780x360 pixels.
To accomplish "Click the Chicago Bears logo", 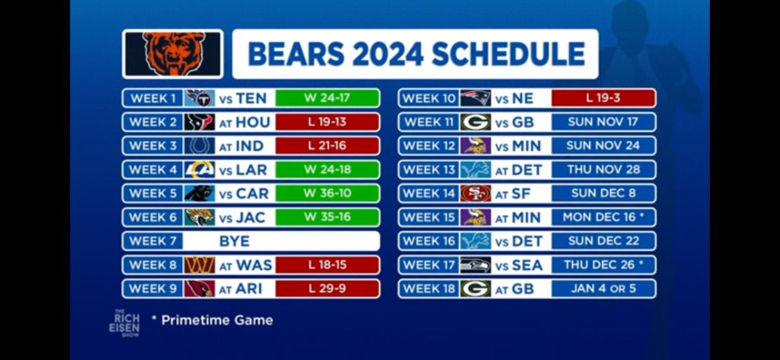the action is (x=173, y=54).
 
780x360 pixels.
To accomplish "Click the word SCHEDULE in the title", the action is (x=508, y=54).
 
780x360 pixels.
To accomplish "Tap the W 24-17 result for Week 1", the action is (x=327, y=98).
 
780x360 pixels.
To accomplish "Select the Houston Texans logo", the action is (x=199, y=122).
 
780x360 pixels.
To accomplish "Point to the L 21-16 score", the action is (x=327, y=146).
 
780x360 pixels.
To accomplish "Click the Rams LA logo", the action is (x=199, y=170).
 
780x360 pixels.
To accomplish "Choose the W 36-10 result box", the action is (x=327, y=193).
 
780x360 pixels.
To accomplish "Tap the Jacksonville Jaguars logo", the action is (x=199, y=217).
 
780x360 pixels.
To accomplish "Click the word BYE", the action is (x=235, y=241).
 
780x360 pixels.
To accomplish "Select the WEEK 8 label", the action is (x=153, y=265).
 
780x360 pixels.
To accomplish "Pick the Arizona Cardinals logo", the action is (x=199, y=289).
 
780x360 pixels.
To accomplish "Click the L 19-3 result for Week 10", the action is (x=603, y=98).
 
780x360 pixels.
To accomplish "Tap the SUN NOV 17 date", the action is (x=603, y=122).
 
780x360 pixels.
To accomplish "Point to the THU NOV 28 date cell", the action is (x=603, y=170).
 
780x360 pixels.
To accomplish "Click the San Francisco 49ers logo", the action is (x=476, y=193).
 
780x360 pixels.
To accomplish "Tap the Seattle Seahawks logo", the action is (x=476, y=265).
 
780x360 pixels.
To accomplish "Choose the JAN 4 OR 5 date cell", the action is (x=603, y=289).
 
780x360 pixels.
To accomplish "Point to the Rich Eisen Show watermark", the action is (x=124, y=323).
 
